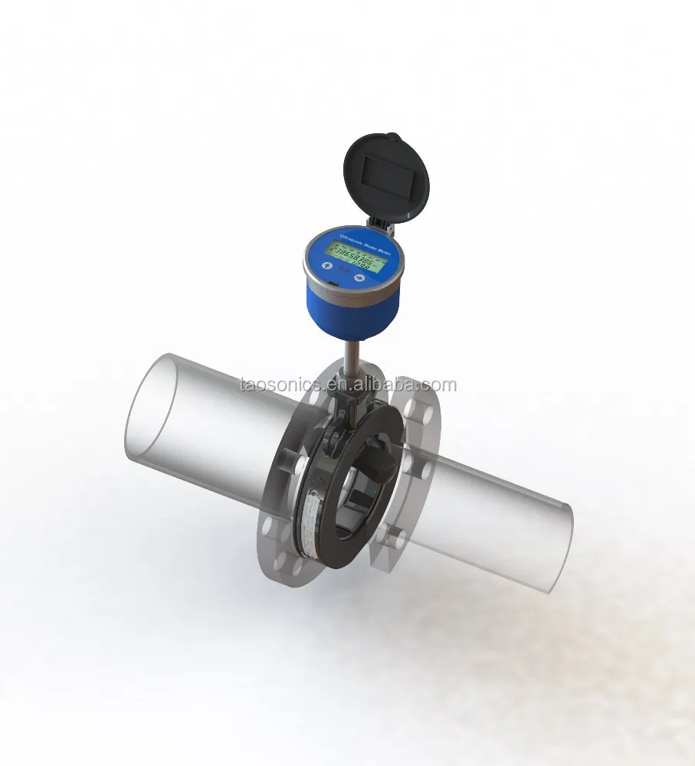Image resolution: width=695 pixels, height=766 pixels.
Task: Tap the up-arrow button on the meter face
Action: (326, 267)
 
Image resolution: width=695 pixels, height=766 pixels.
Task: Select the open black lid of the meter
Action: (388, 177)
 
